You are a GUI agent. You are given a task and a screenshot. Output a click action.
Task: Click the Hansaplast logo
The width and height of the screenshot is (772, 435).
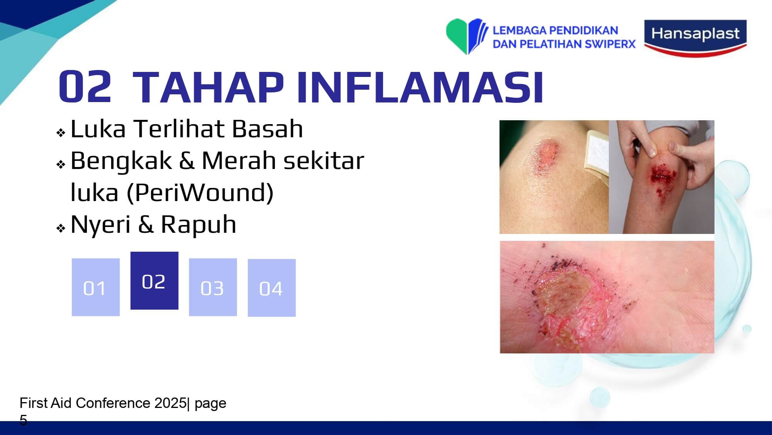pyautogui.click(x=695, y=38)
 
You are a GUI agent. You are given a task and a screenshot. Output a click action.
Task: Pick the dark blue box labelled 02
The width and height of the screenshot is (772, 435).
pyautogui.click(x=154, y=281)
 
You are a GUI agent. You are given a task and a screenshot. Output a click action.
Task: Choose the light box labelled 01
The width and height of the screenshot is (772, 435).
pyautogui.click(x=96, y=287)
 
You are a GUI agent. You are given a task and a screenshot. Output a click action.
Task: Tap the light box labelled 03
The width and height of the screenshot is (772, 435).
pyautogui.click(x=213, y=287)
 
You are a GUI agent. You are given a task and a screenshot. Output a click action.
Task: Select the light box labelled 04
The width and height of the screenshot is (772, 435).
pyautogui.click(x=272, y=288)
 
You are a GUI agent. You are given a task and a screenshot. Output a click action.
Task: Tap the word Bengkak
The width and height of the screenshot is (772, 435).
pyautogui.click(x=121, y=161)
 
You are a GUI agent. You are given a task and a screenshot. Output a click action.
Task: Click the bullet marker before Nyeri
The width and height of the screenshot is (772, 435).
pyautogui.click(x=61, y=228)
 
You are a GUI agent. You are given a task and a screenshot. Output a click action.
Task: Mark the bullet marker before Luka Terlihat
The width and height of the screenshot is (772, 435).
pyautogui.click(x=61, y=133)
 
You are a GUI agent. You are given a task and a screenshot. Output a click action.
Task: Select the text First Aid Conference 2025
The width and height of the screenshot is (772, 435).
pyautogui.click(x=103, y=403)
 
